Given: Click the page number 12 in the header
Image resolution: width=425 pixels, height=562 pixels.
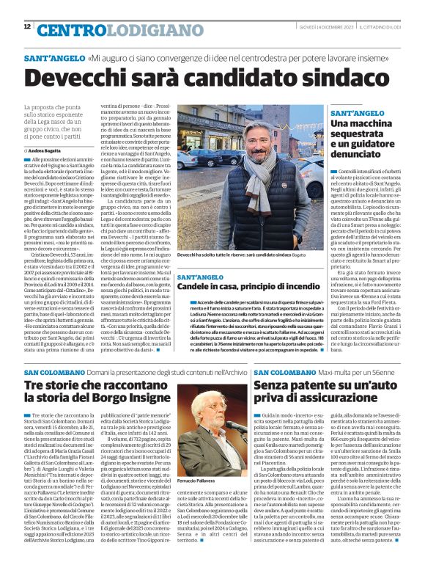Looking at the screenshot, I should tap(27, 27).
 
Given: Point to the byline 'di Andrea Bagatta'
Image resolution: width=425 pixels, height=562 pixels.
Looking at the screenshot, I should tap(49, 150).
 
